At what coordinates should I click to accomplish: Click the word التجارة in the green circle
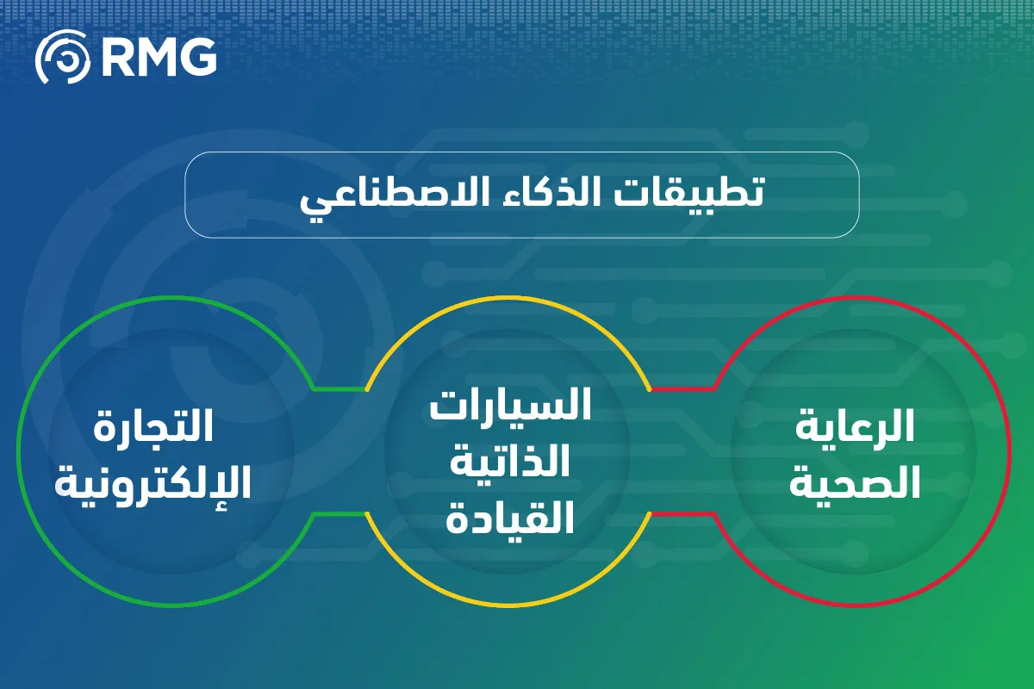pos(153,428)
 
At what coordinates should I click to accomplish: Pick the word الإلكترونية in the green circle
pos(153,483)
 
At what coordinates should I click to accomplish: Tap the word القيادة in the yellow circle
pos(509,517)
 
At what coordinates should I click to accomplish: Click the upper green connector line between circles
pos(339,388)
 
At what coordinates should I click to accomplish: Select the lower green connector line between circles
pos(339,514)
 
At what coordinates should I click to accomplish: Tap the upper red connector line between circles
pos(681,388)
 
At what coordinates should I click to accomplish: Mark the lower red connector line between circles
pos(681,514)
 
